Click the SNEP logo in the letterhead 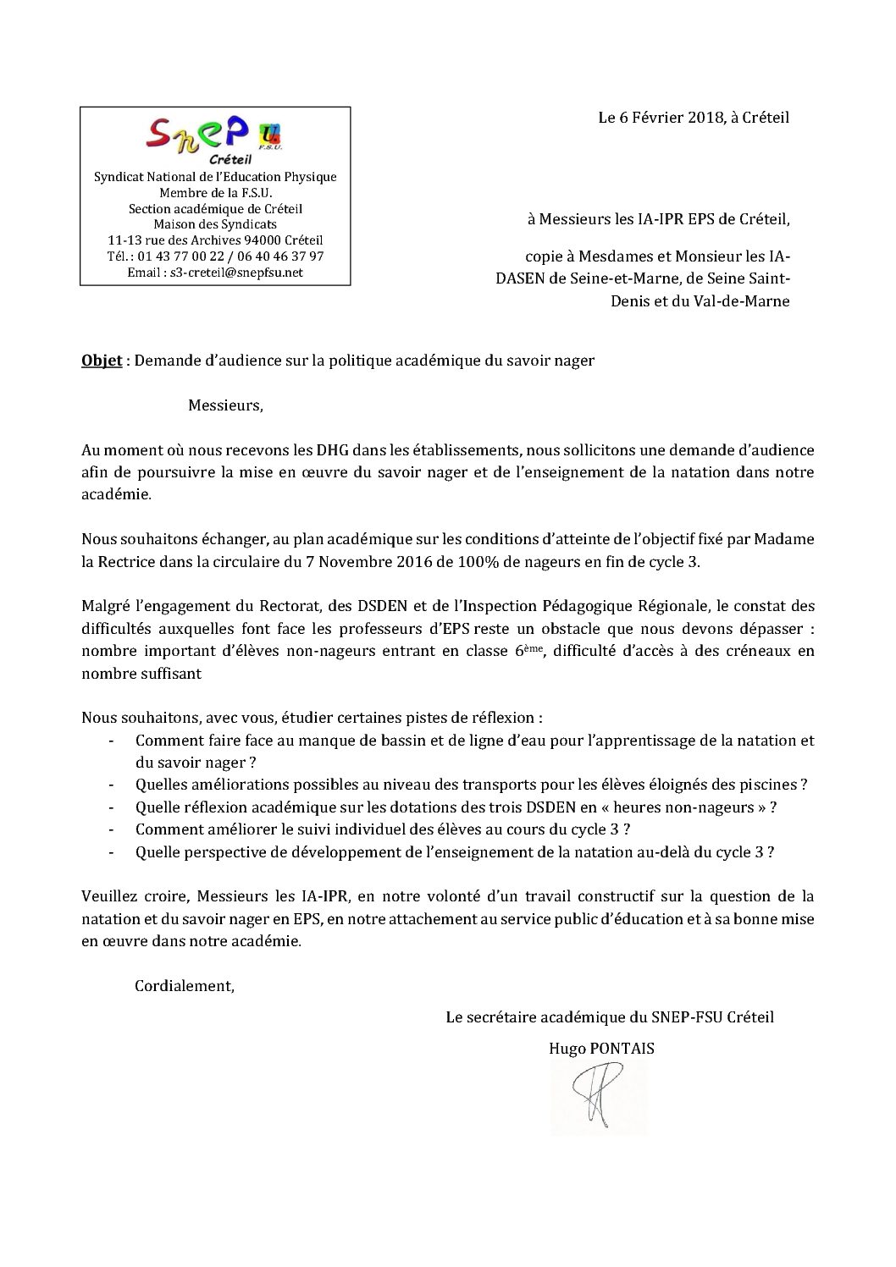tap(214, 135)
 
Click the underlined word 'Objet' tap(99, 360)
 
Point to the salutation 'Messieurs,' tap(225, 405)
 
